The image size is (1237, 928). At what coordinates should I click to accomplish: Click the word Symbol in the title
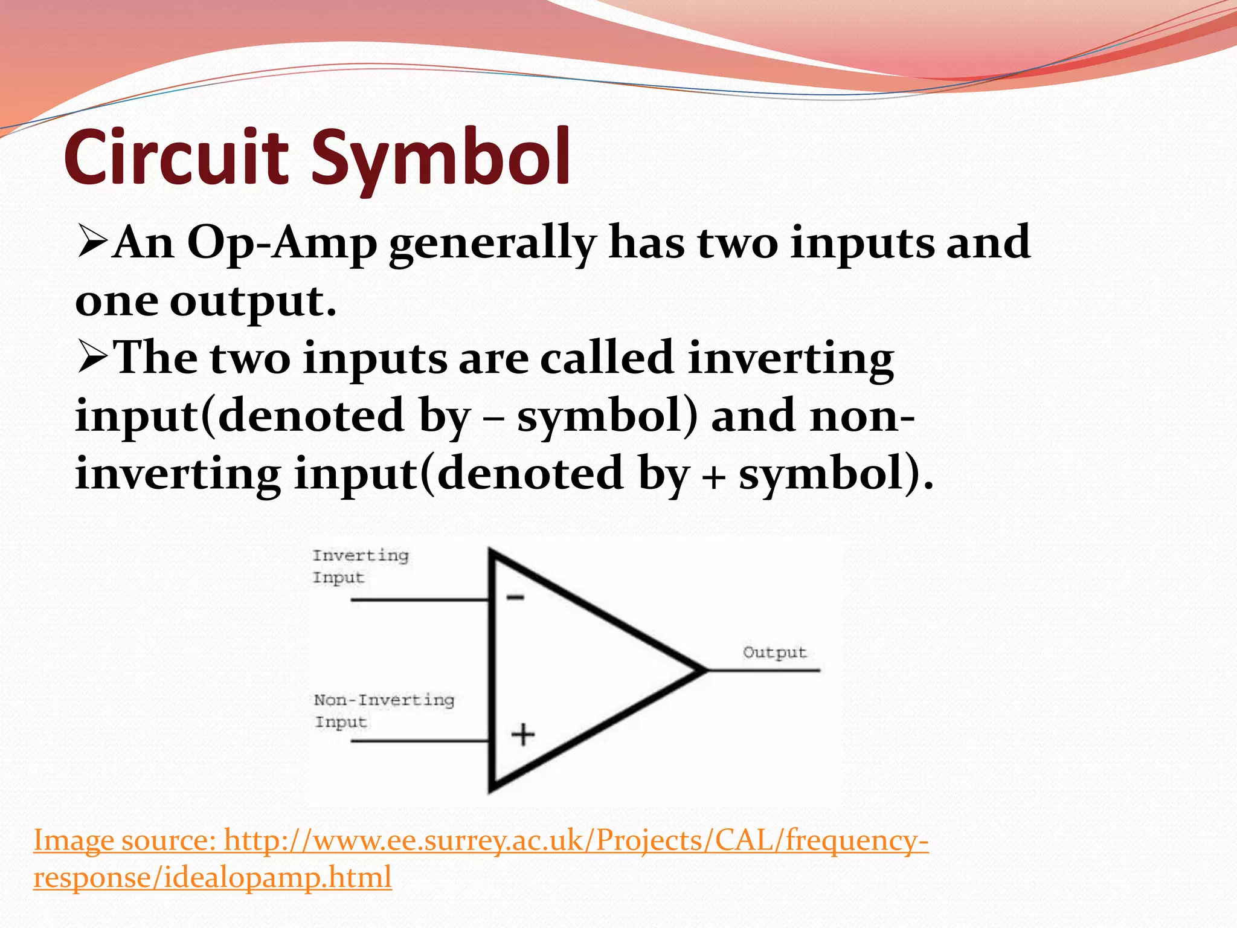pos(440,158)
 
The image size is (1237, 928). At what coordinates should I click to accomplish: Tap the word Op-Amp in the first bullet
pos(282,243)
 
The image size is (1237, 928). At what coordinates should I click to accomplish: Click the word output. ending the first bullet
pos(252,300)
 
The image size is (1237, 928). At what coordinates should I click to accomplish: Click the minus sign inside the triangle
pos(515,598)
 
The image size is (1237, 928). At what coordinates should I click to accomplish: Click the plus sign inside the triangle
pos(523,735)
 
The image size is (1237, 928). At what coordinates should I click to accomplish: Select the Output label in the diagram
pos(775,652)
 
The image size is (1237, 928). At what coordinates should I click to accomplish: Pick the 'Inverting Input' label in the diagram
pos(360,566)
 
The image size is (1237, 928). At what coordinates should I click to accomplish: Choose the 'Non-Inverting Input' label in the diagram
pos(383,710)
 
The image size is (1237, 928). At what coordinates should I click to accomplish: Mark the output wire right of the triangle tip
pos(764,670)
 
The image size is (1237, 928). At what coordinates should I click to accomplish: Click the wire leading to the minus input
pos(420,600)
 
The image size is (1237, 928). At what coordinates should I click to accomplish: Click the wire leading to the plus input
pos(420,741)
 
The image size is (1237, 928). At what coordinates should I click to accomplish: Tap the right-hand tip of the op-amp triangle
pos(703,670)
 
